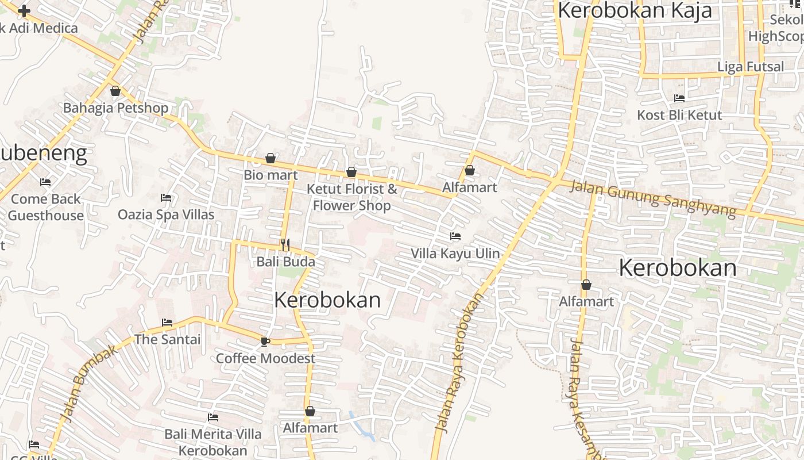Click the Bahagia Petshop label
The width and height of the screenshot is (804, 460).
click(115, 108)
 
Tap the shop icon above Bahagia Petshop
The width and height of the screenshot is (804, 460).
click(115, 91)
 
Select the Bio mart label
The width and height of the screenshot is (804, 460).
click(270, 175)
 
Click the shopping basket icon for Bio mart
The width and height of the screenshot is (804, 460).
click(270, 158)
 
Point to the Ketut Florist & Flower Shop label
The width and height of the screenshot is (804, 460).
click(351, 197)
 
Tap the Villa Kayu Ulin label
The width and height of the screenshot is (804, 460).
click(455, 254)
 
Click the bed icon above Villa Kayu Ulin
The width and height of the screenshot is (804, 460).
click(455, 236)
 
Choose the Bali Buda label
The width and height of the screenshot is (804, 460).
click(285, 262)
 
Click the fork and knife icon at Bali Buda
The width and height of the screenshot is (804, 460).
click(285, 246)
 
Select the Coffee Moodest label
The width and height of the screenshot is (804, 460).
click(265, 359)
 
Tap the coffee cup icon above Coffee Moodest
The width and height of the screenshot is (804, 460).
click(265, 342)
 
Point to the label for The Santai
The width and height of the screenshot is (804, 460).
click(167, 339)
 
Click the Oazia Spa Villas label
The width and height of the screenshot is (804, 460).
click(166, 215)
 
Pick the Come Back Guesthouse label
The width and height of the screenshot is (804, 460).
click(46, 208)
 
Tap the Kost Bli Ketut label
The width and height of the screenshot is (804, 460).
click(679, 115)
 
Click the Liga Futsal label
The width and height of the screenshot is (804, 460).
click(751, 67)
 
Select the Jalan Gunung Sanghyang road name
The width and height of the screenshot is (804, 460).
click(654, 198)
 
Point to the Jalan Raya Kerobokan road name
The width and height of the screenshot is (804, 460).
click(459, 362)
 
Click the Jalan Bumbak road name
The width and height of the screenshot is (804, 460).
click(90, 383)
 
